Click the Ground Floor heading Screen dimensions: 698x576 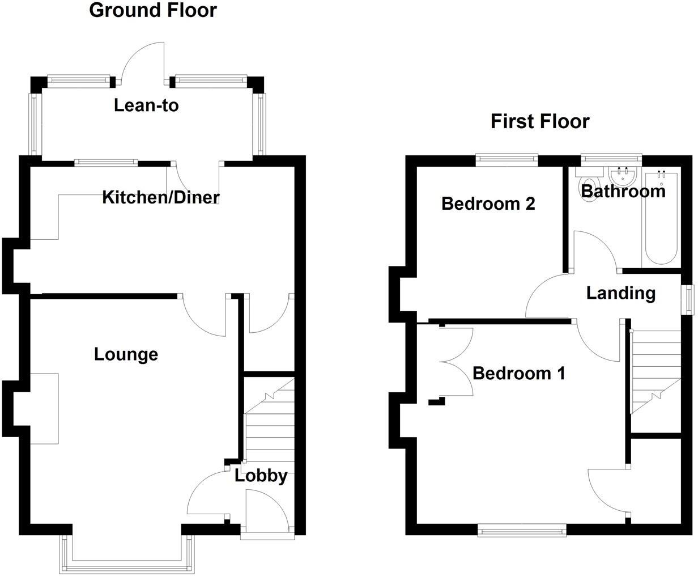click(153, 11)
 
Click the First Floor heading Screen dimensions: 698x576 click(540, 121)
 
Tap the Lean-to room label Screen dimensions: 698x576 click(146, 105)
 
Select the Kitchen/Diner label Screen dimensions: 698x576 click(161, 197)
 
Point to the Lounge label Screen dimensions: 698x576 click(126, 354)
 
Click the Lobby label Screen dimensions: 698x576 click(261, 476)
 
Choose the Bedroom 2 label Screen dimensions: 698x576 click(488, 204)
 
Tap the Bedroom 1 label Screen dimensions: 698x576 click(519, 373)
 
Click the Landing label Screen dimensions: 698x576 click(621, 293)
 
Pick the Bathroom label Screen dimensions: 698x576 click(623, 191)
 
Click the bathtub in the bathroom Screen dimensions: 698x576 click(661, 219)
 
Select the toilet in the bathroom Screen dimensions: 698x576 click(589, 185)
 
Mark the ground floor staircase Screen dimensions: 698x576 click(270, 421)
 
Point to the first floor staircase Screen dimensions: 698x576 click(655, 372)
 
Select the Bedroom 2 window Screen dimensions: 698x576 click(507, 159)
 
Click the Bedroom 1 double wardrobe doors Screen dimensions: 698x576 click(456, 362)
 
